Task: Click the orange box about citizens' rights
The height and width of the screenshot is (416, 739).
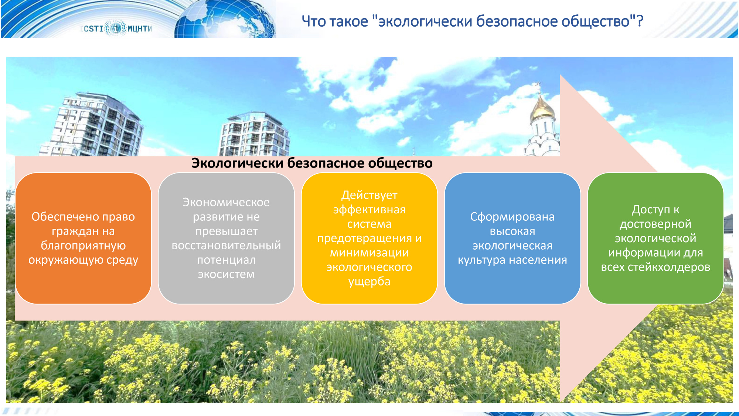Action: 83,238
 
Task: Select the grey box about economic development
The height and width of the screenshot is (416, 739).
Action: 226,238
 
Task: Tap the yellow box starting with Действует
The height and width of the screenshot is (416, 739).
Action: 369,238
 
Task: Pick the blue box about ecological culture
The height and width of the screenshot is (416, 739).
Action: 512,238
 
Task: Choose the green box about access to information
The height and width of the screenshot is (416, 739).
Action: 655,238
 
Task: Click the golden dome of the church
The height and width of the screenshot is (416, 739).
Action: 542,109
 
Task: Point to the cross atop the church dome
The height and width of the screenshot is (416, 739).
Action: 538,87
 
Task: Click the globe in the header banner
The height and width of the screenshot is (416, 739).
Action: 225,19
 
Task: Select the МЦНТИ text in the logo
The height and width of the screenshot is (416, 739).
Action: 140,28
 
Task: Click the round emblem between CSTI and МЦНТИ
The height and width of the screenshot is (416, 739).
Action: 116,28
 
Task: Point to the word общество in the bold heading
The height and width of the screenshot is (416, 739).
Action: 400,163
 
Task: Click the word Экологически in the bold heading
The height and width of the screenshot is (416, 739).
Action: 238,163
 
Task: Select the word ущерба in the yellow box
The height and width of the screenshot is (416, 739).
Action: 369,282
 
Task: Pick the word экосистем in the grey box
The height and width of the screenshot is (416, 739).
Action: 226,274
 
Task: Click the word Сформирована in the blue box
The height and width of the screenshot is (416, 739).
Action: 512,217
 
